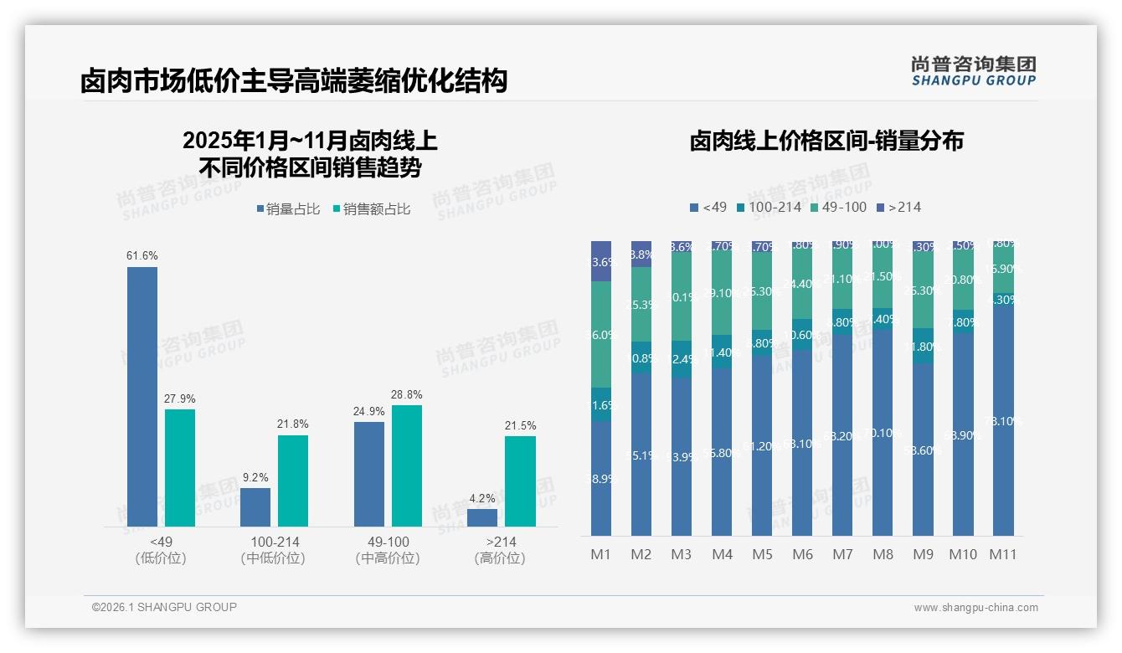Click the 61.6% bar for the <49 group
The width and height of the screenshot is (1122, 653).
142,397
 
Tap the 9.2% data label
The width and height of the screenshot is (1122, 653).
255,478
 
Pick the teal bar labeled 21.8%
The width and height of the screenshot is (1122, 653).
293,481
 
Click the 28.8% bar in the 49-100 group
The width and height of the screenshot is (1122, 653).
407,465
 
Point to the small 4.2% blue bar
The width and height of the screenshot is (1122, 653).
482,517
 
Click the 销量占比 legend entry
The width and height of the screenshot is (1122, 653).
288,209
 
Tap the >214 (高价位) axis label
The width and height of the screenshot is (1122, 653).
500,550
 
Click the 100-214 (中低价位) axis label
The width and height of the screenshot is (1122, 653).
275,550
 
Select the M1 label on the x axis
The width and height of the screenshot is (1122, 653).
601,554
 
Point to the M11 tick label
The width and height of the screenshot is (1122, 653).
1003,554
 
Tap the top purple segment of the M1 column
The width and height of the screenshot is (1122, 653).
601,260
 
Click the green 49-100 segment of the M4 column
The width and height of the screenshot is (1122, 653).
722,294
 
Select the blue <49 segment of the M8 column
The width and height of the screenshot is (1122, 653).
883,432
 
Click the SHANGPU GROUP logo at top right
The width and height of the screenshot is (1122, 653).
974,71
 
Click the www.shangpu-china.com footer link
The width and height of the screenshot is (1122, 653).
975,608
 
